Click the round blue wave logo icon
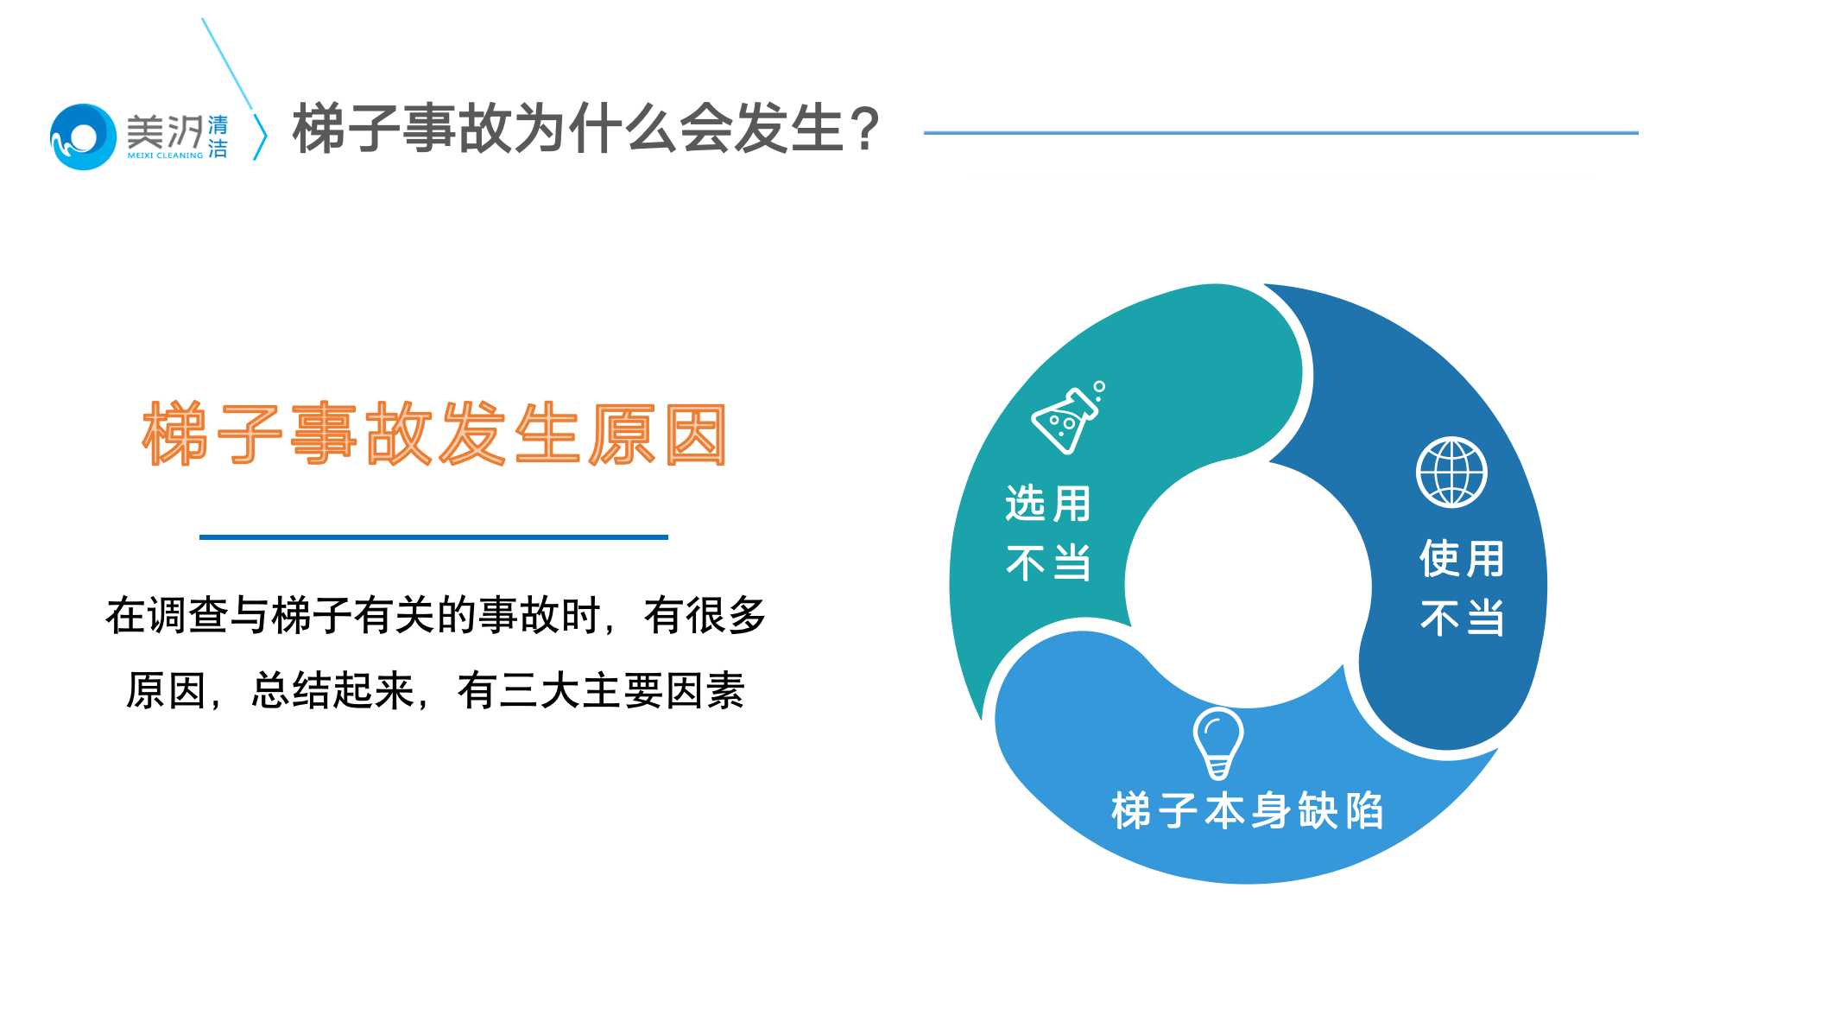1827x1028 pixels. pyautogui.click(x=83, y=136)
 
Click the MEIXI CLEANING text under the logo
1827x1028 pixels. pyautogui.click(x=165, y=155)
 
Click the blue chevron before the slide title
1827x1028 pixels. pyautogui.click(x=260, y=136)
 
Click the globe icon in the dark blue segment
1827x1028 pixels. pyautogui.click(x=1451, y=473)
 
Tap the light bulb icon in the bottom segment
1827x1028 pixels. pyautogui.click(x=1217, y=742)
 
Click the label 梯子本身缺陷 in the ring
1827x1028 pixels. pyautogui.click(x=1247, y=811)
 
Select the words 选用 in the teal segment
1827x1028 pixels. pyautogui.click(x=1048, y=504)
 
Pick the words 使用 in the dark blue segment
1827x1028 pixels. pyautogui.click(x=1462, y=559)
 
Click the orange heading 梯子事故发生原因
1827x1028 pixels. pyautogui.click(x=434, y=435)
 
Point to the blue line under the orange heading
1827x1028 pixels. pyautogui.click(x=433, y=537)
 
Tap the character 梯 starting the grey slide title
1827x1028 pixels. pyautogui.click(x=319, y=130)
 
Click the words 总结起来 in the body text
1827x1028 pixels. pyautogui.click(x=332, y=691)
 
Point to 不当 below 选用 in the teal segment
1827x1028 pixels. pyautogui.click(x=1048, y=563)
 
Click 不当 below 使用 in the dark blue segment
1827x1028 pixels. pyautogui.click(x=1462, y=619)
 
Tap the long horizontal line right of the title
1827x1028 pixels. pyautogui.click(x=1280, y=133)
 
